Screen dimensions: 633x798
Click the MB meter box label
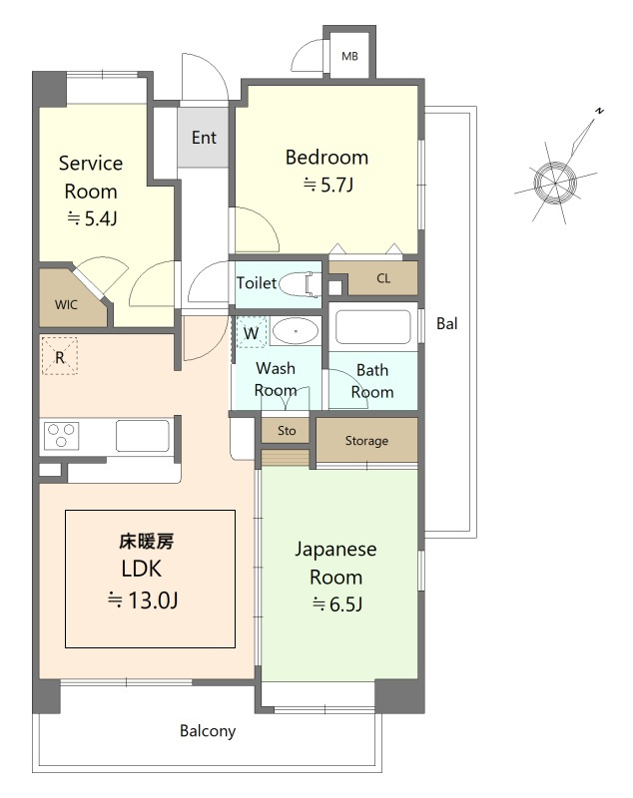[x=349, y=56]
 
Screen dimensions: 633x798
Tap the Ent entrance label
[x=204, y=138]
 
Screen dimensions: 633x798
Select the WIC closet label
[x=66, y=305]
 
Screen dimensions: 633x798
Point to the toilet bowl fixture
[x=301, y=284]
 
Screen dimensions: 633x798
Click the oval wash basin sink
[x=296, y=331]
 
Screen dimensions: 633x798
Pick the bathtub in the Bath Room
[x=373, y=327]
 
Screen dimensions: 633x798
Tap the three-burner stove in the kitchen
[x=62, y=436]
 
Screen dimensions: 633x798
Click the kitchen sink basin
[x=142, y=436]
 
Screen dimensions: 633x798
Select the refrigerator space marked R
[x=60, y=356]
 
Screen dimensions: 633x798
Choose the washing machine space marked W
[x=251, y=333]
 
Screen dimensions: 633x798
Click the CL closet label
[x=383, y=278]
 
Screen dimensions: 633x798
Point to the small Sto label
[x=287, y=431]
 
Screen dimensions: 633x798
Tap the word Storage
[x=366, y=441]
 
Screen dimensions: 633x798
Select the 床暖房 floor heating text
[x=147, y=542]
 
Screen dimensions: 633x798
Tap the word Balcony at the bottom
[x=208, y=731]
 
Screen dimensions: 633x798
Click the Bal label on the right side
[x=447, y=323]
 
